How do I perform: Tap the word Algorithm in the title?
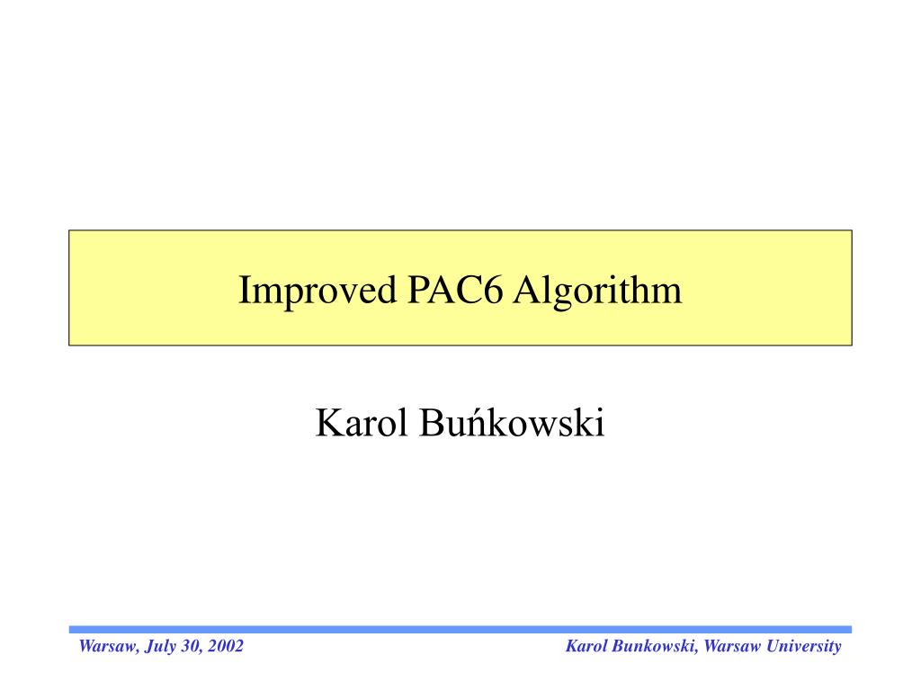(598, 292)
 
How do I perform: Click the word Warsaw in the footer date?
(105, 646)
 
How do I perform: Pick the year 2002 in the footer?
(225, 646)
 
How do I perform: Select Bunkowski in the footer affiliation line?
(654, 646)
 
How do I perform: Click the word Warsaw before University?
(734, 646)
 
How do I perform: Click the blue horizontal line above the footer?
(460, 629)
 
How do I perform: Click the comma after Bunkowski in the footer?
(699, 651)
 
